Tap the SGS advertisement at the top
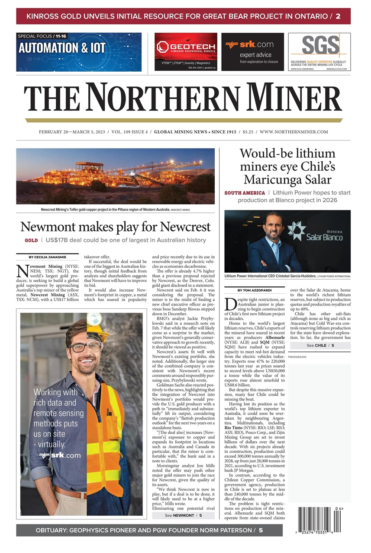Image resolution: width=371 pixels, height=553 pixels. pyautogui.click(x=319, y=51)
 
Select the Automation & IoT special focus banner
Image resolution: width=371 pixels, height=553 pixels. pyautogui.click(x=79, y=51)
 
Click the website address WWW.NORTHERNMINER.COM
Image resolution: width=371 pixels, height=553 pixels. pyautogui.click(x=294, y=132)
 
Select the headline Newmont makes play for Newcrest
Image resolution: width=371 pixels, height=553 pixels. pyautogui.click(x=115, y=227)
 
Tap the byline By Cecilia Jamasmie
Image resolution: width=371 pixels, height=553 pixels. pyautogui.click(x=47, y=257)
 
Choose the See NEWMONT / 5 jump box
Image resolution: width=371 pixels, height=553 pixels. pyautogui.click(x=183, y=515)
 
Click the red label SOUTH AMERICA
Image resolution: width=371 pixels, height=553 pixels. pyautogui.click(x=245, y=193)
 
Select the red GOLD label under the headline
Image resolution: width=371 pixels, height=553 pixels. pyautogui.click(x=31, y=240)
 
